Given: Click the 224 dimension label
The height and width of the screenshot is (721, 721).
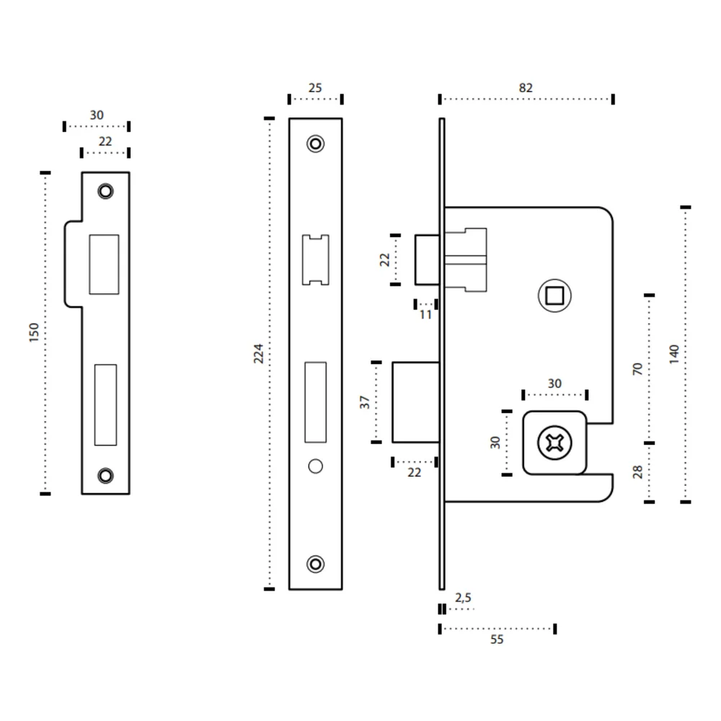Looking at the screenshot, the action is [258, 353].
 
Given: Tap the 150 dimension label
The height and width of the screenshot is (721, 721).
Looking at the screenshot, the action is [34, 332].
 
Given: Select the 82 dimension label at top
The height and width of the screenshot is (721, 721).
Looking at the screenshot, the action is [526, 88].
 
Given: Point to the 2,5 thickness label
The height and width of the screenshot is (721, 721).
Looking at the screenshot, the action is [463, 597].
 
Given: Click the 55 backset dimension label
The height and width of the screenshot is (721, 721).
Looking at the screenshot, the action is [497, 639].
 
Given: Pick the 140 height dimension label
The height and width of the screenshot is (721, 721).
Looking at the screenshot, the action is [674, 355].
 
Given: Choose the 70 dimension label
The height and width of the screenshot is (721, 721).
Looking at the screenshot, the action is [637, 368].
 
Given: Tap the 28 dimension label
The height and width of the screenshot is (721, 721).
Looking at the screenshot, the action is [637, 472].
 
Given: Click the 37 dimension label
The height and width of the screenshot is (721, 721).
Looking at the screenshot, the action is [365, 402].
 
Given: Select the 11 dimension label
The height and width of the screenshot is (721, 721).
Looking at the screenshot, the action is [425, 315].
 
